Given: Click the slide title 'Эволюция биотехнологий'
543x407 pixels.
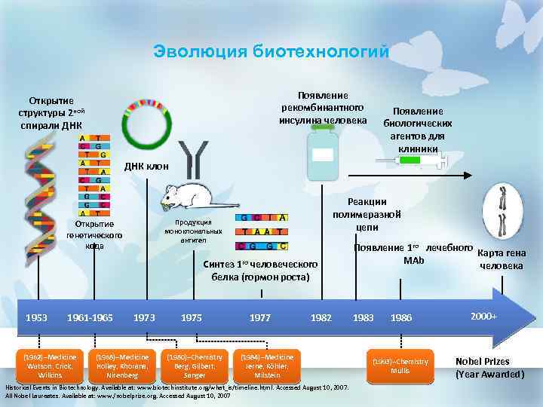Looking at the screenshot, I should point(271,52).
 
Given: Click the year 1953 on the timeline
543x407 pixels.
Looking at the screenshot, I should point(35,318).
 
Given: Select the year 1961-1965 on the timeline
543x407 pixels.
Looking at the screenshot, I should point(90,318).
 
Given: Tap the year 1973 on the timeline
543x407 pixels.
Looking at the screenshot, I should point(144,318).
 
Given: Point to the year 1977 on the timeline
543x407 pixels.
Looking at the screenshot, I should point(260,318).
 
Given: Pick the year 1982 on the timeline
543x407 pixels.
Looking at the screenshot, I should point(321,318).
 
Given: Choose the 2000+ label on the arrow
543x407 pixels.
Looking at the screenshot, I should point(484,314).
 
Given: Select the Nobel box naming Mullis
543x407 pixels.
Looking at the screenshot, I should point(400,365).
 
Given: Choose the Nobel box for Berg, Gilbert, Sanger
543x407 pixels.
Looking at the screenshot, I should point(195,365).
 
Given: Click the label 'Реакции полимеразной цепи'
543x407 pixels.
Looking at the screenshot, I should point(367,214).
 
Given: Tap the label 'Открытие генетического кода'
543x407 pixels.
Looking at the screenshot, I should point(95,234).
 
